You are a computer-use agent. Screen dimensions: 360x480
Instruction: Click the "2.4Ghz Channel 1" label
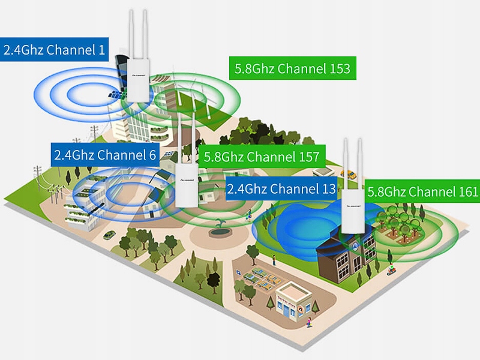point(53,49)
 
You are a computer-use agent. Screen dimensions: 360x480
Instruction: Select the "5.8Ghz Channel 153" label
point(293,68)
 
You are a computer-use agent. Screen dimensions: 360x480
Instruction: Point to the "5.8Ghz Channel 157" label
point(261,157)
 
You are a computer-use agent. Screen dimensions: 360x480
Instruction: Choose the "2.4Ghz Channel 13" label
point(281,189)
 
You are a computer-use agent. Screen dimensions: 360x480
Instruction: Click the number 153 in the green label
point(340,68)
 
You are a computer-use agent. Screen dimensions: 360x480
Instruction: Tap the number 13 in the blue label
point(328,189)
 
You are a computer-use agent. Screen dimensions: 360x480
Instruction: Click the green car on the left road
point(109,235)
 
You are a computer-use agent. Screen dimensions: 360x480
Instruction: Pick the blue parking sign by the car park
point(239,273)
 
